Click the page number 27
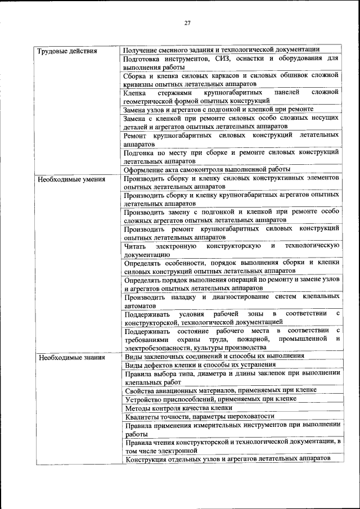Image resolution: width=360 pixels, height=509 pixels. (187, 22)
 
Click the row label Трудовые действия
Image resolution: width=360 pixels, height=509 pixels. (67, 51)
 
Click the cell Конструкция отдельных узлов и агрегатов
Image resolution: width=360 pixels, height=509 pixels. (227, 460)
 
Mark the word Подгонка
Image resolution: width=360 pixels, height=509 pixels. (139, 152)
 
